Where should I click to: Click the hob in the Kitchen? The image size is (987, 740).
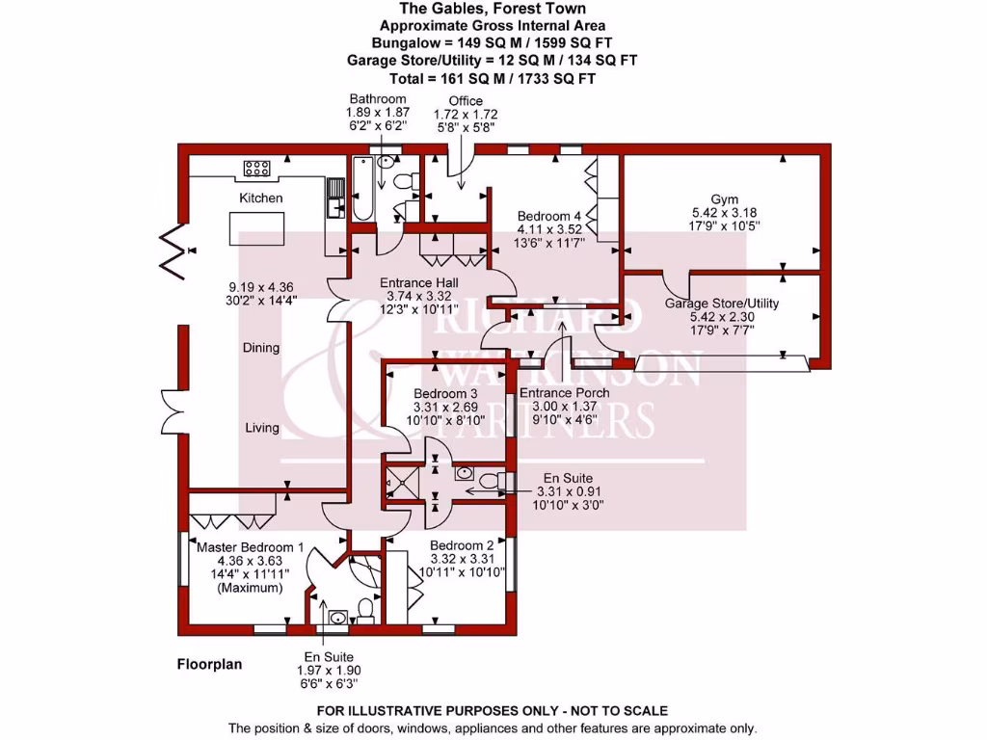pyautogui.click(x=256, y=168)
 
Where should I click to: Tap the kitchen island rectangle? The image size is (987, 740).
pyautogui.click(x=256, y=228)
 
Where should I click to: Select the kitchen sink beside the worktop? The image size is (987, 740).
pyautogui.click(x=335, y=197)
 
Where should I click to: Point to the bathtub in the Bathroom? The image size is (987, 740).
pyautogui.click(x=363, y=189)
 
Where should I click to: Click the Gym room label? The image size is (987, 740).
pyautogui.click(x=724, y=199)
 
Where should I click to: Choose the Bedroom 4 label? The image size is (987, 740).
pyautogui.click(x=549, y=216)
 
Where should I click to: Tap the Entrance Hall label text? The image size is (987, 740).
pyautogui.click(x=418, y=282)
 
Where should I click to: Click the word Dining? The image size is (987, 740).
pyautogui.click(x=261, y=347)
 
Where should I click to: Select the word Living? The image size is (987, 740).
pyautogui.click(x=262, y=428)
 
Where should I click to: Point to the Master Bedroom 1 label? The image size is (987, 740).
pyautogui.click(x=250, y=547)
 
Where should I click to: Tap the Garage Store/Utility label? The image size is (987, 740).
pyautogui.click(x=722, y=304)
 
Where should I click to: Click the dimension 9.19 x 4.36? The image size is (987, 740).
pyautogui.click(x=260, y=287)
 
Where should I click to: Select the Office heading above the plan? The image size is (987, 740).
pyautogui.click(x=466, y=100)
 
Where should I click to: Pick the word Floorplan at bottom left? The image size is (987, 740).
pyautogui.click(x=209, y=665)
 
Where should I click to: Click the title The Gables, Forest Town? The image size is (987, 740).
pyautogui.click(x=493, y=9)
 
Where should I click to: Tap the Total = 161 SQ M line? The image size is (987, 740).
pyautogui.click(x=493, y=79)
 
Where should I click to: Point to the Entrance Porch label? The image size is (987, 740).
pyautogui.click(x=565, y=393)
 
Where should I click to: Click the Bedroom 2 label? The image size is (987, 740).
pyautogui.click(x=462, y=545)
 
